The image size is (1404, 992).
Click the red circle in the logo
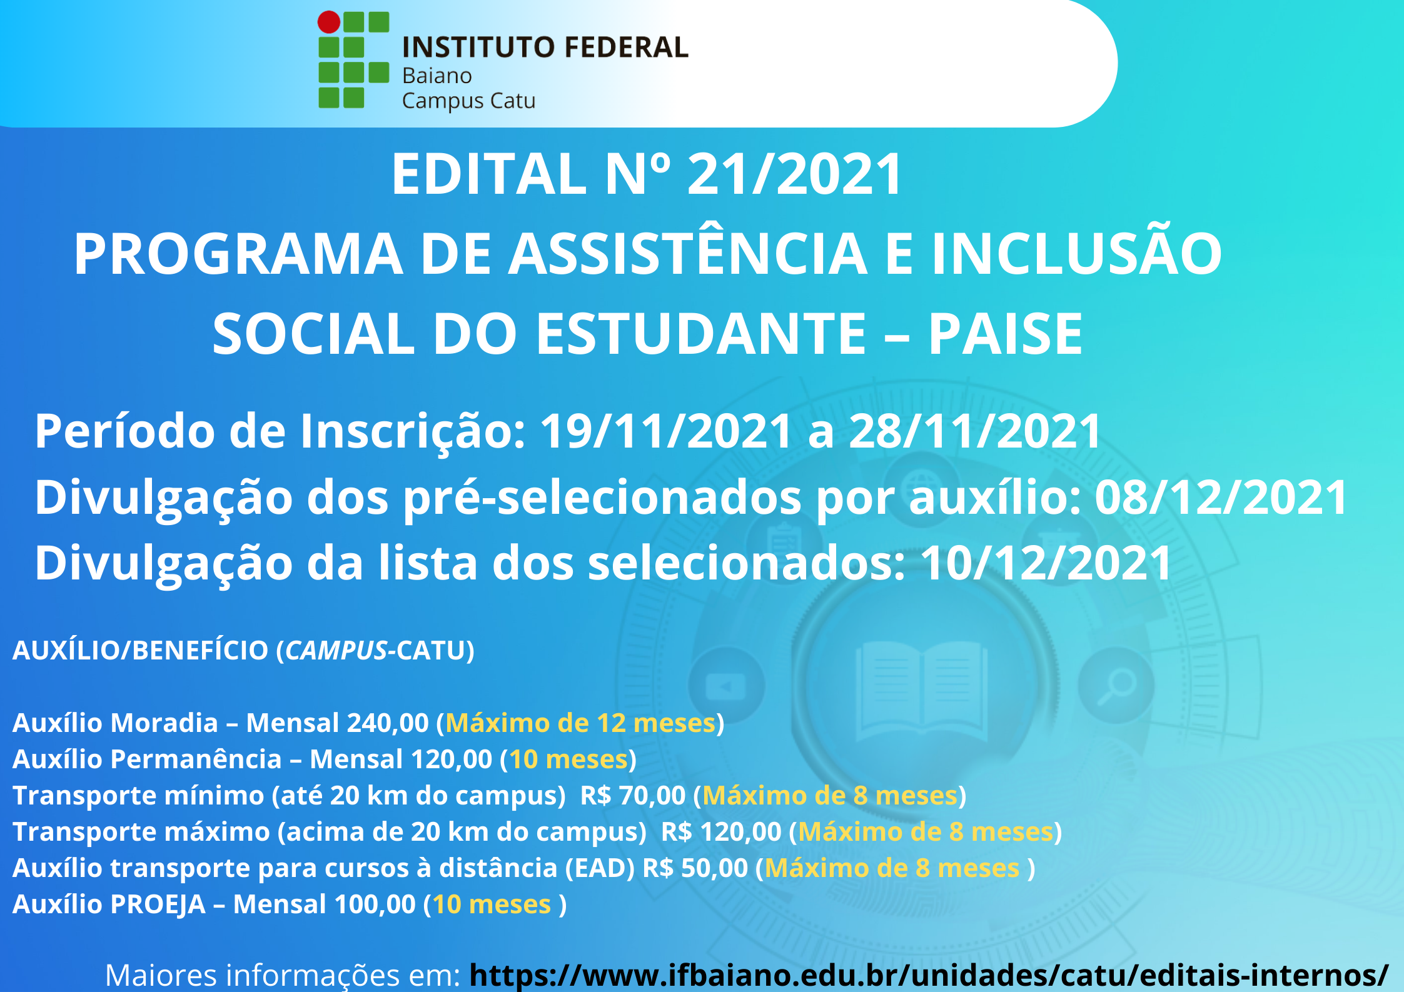pos(329,22)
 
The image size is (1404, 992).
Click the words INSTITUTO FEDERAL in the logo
pos(545,48)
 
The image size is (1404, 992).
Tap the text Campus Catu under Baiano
pos(468,101)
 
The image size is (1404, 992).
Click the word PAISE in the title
pos(1006,334)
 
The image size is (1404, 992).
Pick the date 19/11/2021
pos(666,431)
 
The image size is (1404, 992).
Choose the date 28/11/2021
pos(975,431)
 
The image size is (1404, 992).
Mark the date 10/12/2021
pos(1046,563)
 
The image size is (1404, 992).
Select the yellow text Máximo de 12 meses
pos(580,723)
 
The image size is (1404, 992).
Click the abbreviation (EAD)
pos(600,868)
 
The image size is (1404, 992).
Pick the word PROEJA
pos(158,904)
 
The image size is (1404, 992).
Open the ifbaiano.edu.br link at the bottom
pos(929,975)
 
